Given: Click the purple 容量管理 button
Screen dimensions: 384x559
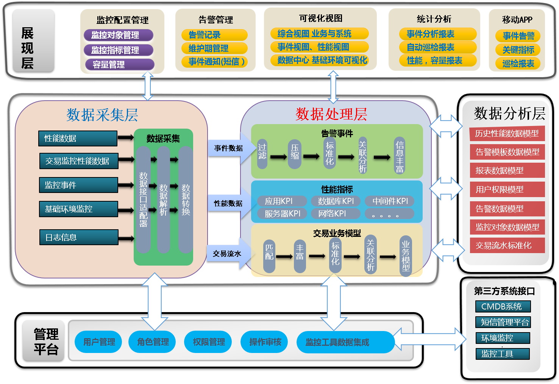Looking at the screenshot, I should click(119, 65).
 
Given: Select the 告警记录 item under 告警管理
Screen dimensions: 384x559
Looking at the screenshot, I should click(214, 35).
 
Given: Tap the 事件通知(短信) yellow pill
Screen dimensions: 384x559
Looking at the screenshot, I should click(214, 61).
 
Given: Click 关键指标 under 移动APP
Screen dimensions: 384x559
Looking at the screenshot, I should click(518, 50).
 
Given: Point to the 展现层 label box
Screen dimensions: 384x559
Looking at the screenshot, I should click(33, 40).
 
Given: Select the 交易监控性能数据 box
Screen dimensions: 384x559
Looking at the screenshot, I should click(79, 161).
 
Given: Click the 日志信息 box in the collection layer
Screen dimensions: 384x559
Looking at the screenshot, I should click(79, 237).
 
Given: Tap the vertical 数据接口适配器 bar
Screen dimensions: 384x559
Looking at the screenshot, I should click(143, 199).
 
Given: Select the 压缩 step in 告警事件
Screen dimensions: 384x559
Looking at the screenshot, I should click(294, 153).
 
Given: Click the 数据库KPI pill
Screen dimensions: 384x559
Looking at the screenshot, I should click(336, 201).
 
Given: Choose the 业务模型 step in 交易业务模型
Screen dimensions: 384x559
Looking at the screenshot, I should click(406, 256).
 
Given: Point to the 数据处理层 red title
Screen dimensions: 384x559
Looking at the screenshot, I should click(331, 114).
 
